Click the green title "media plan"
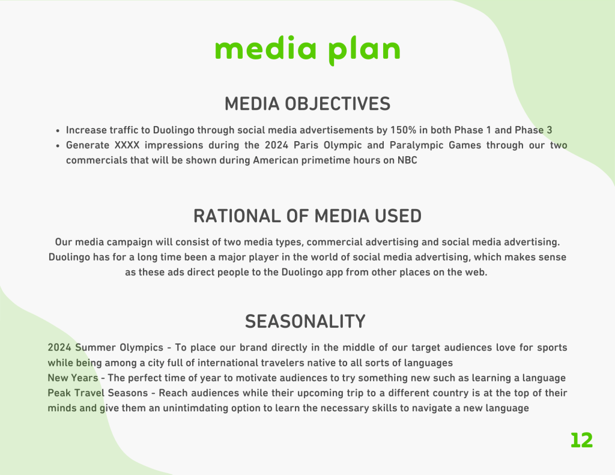pos(307,50)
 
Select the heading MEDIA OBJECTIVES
pos(307,104)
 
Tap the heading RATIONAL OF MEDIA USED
pos(307,216)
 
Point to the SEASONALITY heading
pos(305,321)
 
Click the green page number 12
pos(581,440)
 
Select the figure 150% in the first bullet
pos(403,130)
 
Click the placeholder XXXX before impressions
pos(127,145)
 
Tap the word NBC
pos(407,160)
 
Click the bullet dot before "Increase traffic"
pos(58,131)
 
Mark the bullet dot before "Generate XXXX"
pos(58,146)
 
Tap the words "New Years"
pos(73,378)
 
